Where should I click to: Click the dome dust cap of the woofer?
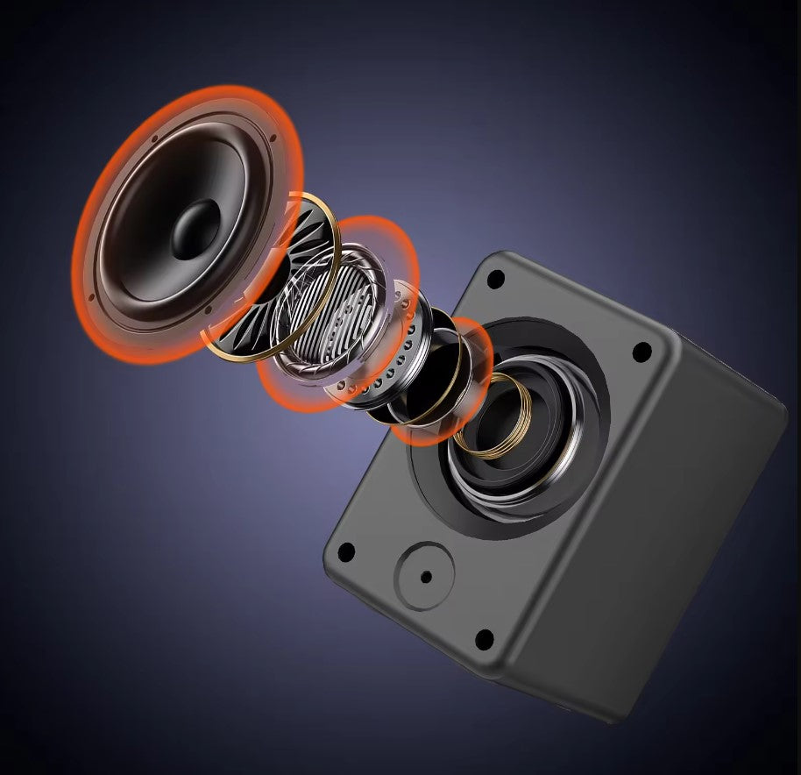(195, 230)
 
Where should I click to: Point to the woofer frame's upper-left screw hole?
(154, 139)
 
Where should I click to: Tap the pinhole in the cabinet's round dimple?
(426, 577)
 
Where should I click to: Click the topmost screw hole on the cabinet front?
(495, 280)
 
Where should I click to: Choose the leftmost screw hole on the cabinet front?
(346, 552)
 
